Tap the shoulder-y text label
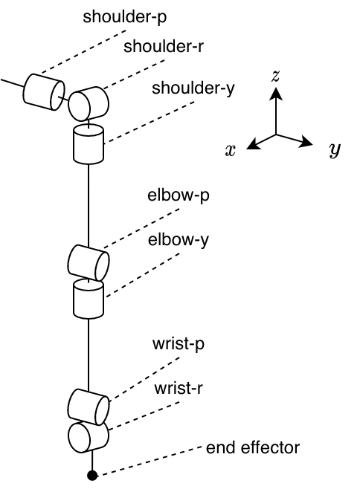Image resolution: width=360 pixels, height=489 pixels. (x=193, y=89)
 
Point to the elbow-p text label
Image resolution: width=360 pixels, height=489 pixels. (x=179, y=198)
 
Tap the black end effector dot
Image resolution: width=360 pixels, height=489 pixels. (x=92, y=475)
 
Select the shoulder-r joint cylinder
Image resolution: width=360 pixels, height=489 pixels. (x=89, y=103)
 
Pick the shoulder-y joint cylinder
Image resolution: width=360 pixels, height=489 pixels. (x=89, y=144)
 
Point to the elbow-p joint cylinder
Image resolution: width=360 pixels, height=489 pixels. (x=89, y=262)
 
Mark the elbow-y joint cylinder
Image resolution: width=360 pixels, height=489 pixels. (x=89, y=299)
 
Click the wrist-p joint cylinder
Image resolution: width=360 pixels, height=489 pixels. (x=89, y=406)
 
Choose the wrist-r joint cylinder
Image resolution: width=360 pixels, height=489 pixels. (x=89, y=436)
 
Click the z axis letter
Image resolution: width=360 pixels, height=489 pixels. (x=276, y=75)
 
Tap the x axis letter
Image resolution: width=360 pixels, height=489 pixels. (x=231, y=150)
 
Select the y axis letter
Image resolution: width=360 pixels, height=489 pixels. (x=335, y=150)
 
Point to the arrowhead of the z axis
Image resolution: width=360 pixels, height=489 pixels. (x=276, y=92)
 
